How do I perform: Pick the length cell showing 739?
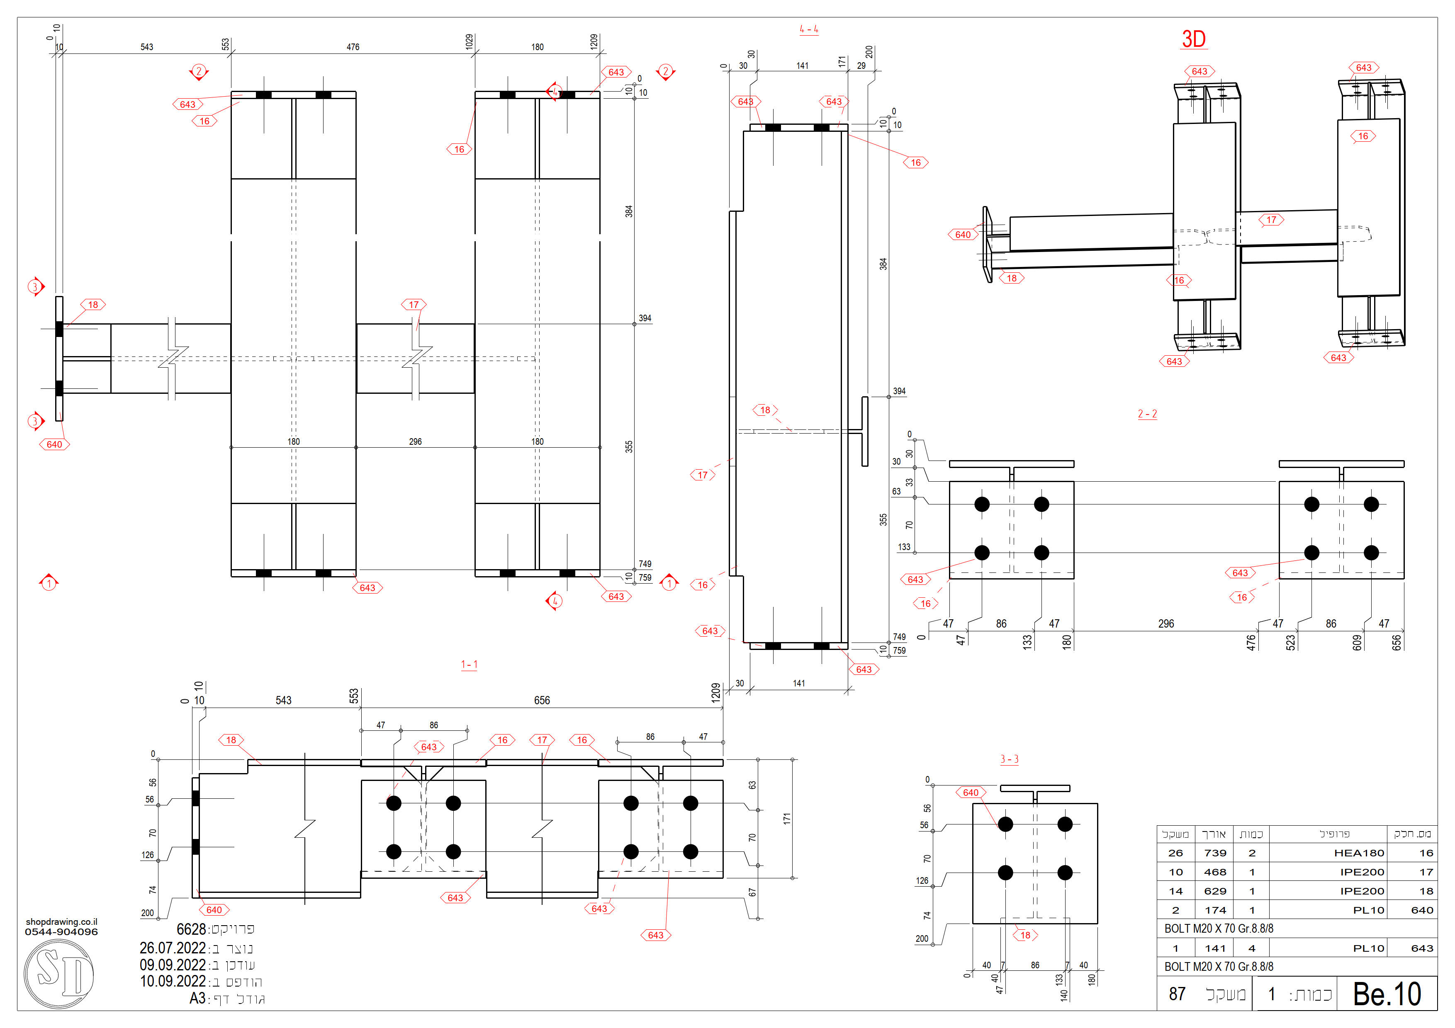point(1215,853)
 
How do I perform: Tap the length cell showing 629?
point(1215,891)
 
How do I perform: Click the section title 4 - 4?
point(809,29)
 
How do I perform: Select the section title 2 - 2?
point(1147,414)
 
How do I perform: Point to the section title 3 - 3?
point(1010,759)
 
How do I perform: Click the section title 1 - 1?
point(469,664)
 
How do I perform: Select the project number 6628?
point(191,929)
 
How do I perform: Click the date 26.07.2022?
point(173,948)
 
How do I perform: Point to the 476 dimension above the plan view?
point(353,47)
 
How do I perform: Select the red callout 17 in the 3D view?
point(1271,220)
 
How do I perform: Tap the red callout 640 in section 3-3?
point(971,793)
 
